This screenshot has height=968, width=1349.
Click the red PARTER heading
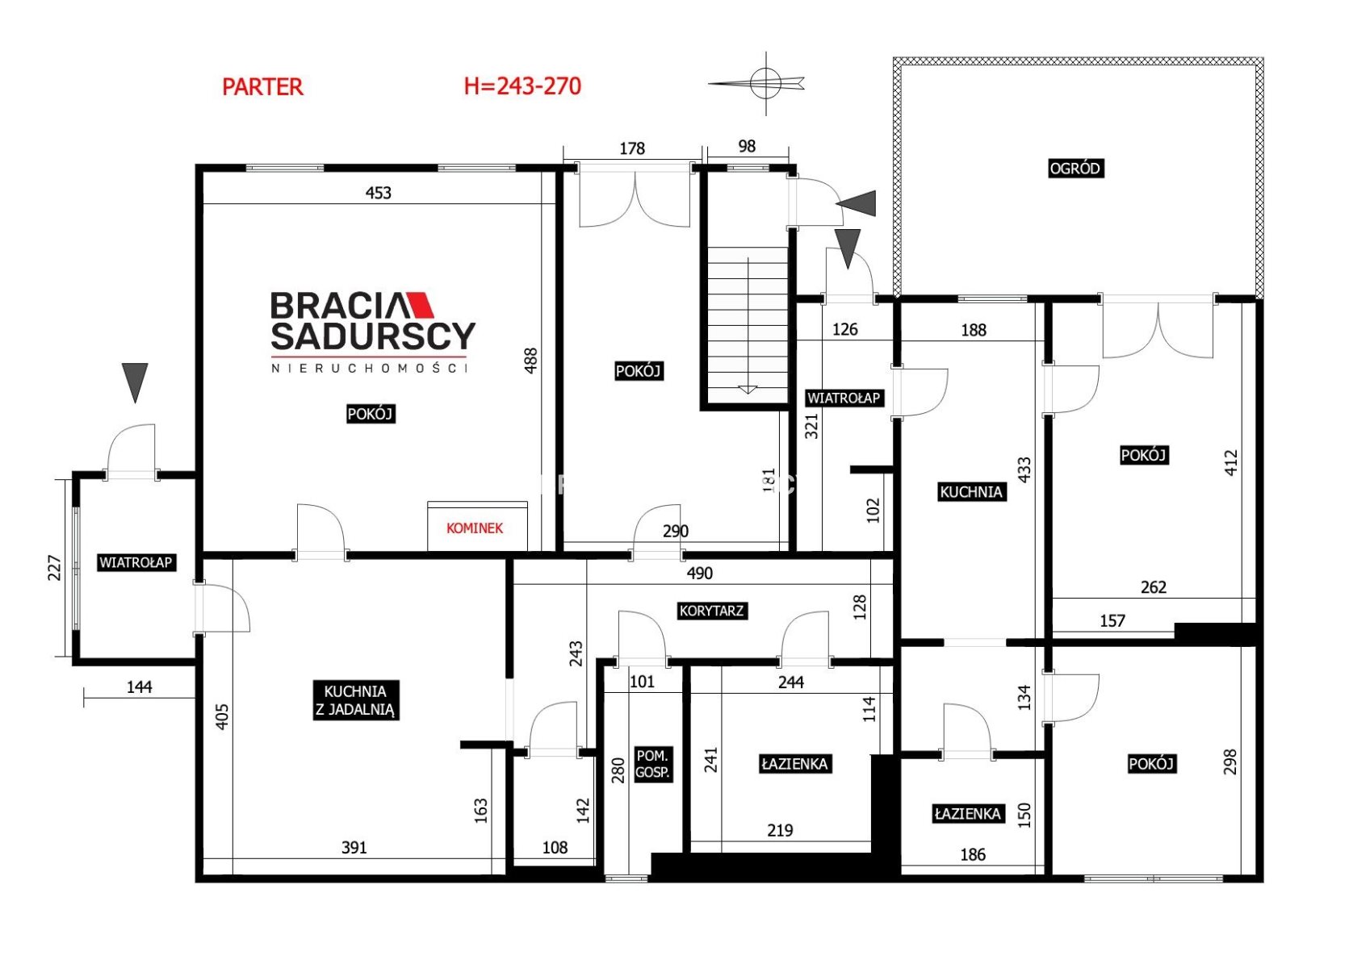coord(262,87)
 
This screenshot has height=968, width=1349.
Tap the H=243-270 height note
coord(523,86)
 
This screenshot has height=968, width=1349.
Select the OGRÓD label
coord(1075,169)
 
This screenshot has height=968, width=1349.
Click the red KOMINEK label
coord(475,528)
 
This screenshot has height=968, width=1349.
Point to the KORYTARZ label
coord(711,611)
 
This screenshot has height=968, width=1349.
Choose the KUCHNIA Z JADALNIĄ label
coord(355,700)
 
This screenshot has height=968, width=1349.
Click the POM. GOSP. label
coord(653,765)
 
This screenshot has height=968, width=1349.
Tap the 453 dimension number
coord(378,193)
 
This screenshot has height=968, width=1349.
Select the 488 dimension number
coord(530,361)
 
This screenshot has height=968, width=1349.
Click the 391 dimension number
coord(354,848)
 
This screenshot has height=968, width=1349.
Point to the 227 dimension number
coord(54,568)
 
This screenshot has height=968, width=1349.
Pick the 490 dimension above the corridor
coord(699,574)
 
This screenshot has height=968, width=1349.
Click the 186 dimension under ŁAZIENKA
coord(974,855)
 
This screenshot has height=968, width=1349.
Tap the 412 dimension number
coord(1231,463)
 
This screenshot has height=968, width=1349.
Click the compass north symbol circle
coord(765,83)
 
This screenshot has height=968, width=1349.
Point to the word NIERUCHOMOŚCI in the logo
coord(370,368)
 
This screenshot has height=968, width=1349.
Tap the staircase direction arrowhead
coord(748,390)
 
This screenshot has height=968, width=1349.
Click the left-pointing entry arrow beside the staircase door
coord(856,203)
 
